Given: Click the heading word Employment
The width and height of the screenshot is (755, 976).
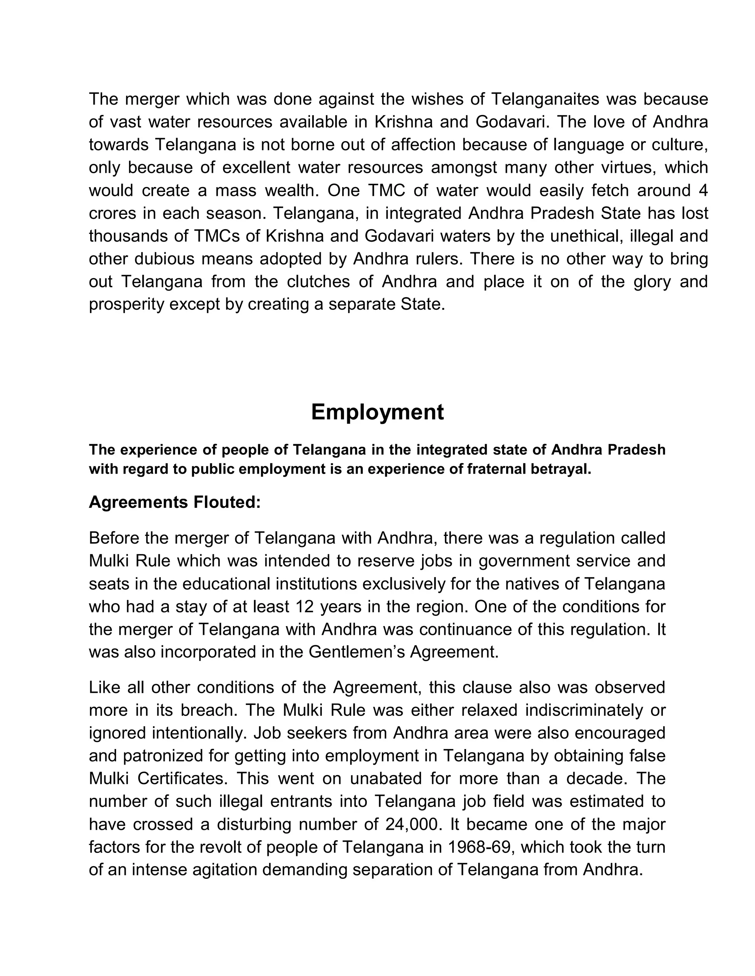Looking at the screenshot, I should tap(377, 412).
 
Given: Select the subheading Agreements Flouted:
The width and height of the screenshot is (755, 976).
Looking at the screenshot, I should tap(174, 502).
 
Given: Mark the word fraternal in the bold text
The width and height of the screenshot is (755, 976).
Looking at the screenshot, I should tap(498, 470).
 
